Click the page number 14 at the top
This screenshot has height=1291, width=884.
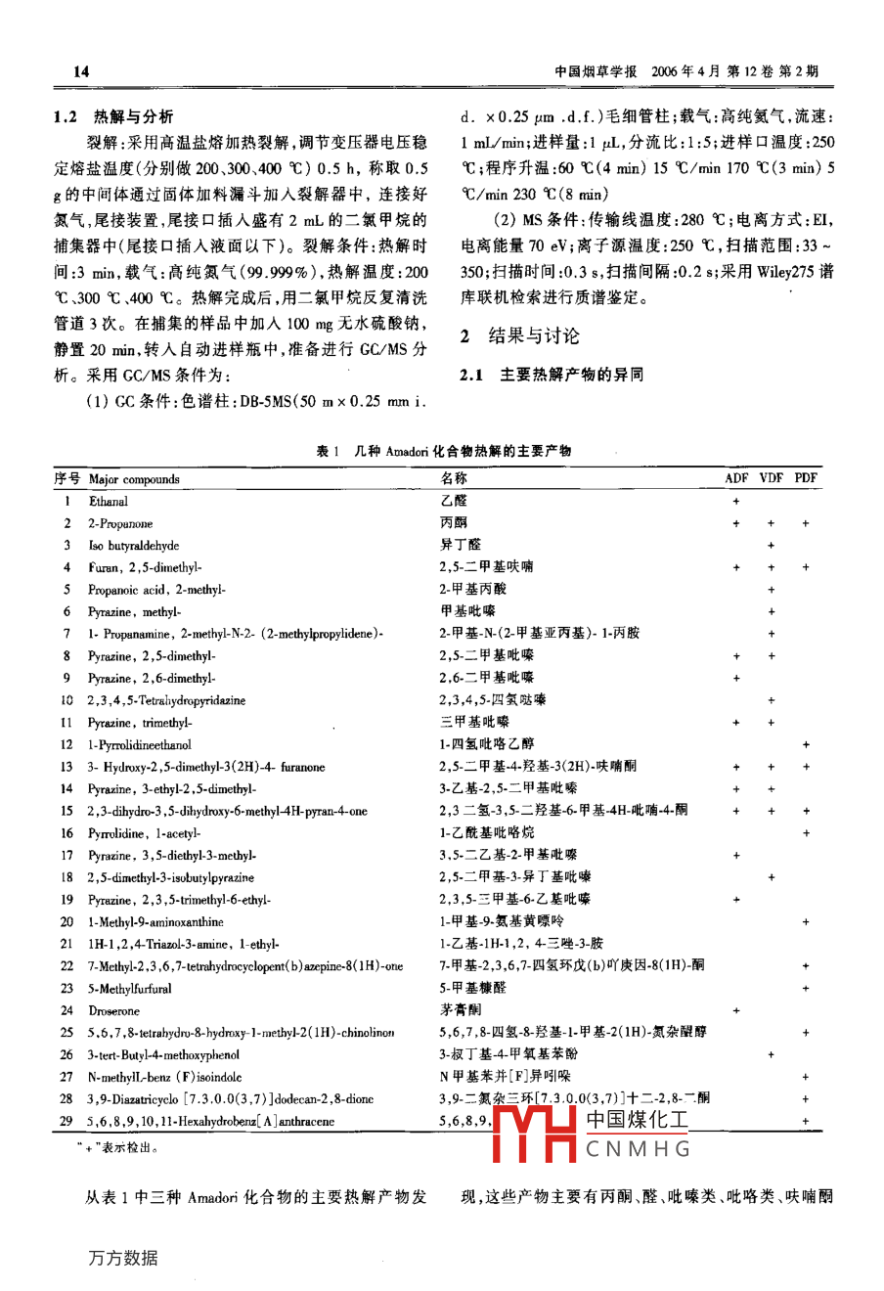click(x=81, y=71)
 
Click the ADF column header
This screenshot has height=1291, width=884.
click(x=736, y=478)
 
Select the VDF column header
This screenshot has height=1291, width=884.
click(x=772, y=478)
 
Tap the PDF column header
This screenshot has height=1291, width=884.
click(x=806, y=478)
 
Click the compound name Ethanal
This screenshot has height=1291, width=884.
click(x=109, y=502)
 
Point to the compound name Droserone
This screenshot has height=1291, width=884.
click(x=113, y=1011)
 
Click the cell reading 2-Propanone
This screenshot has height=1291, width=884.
click(x=120, y=524)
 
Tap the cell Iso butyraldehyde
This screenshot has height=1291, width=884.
click(x=134, y=546)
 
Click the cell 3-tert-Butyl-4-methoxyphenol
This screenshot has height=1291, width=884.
click(x=163, y=1055)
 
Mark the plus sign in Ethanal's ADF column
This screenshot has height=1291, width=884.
click(x=736, y=502)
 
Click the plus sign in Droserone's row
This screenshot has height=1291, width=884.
click(x=736, y=1011)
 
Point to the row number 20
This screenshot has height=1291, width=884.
click(x=66, y=922)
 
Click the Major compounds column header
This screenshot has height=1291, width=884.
click(x=134, y=479)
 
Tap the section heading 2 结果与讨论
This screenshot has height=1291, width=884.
click(x=520, y=336)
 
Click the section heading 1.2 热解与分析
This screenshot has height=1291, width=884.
click(x=114, y=116)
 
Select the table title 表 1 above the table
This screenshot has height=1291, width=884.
click(x=443, y=451)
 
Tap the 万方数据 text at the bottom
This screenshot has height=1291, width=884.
click(x=123, y=1258)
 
